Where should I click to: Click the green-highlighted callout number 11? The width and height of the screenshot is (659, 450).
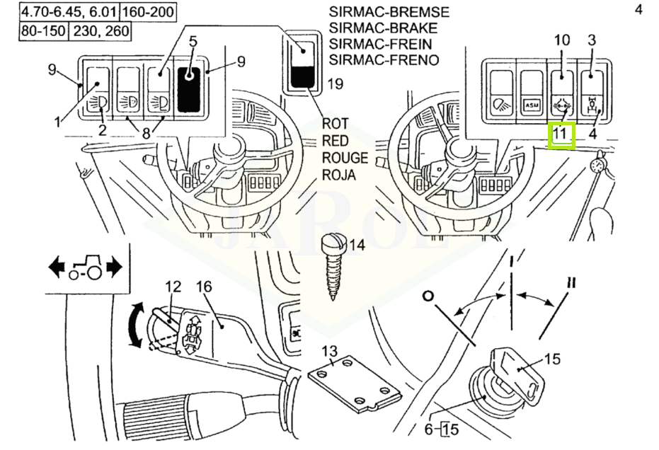point(561,134)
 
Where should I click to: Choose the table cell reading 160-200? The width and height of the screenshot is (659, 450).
point(149,12)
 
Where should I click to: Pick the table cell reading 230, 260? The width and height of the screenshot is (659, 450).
point(99,32)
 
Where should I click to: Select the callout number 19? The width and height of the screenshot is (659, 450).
point(335,85)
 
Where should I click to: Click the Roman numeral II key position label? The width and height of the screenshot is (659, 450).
point(571,282)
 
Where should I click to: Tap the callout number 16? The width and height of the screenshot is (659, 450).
point(204,287)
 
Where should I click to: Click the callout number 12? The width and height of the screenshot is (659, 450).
point(173,287)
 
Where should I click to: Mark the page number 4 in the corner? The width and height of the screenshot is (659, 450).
point(639,11)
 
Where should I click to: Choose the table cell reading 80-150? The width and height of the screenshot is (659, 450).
point(43,32)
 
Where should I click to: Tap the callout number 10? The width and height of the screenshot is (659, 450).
point(561,40)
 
